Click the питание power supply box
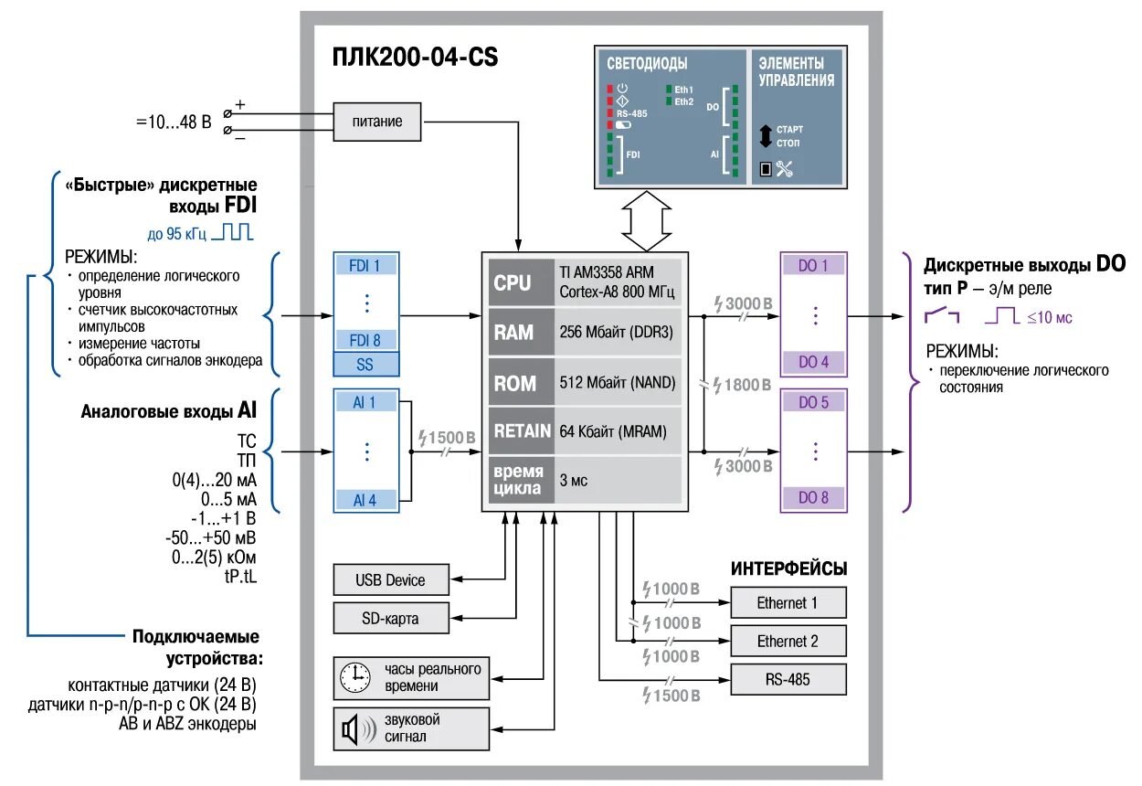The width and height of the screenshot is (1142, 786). [x=376, y=122]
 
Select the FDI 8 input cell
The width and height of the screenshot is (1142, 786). [x=365, y=340]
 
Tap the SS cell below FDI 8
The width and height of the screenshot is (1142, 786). [x=365, y=364]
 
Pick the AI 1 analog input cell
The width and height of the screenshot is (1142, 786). [x=365, y=402]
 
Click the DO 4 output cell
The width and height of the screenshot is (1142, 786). [x=814, y=362]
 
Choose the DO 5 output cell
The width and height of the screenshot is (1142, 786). [x=814, y=402]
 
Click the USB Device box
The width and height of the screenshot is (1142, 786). [x=391, y=579]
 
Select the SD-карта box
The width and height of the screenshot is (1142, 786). [x=391, y=618]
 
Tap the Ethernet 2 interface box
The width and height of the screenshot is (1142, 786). [x=788, y=641]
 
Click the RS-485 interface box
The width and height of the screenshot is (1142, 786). [x=788, y=679]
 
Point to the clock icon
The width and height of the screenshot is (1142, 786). [x=355, y=678]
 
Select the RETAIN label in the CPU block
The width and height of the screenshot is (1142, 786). [x=522, y=431]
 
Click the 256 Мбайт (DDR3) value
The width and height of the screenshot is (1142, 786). [x=617, y=332]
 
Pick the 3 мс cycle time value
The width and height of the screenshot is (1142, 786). [x=574, y=480]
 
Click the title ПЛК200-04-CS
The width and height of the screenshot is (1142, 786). [x=415, y=57]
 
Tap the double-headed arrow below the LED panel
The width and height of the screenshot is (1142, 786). [x=647, y=221]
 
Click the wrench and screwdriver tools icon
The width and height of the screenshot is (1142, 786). [x=785, y=169]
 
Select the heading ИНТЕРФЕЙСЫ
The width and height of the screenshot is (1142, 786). [x=788, y=568]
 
